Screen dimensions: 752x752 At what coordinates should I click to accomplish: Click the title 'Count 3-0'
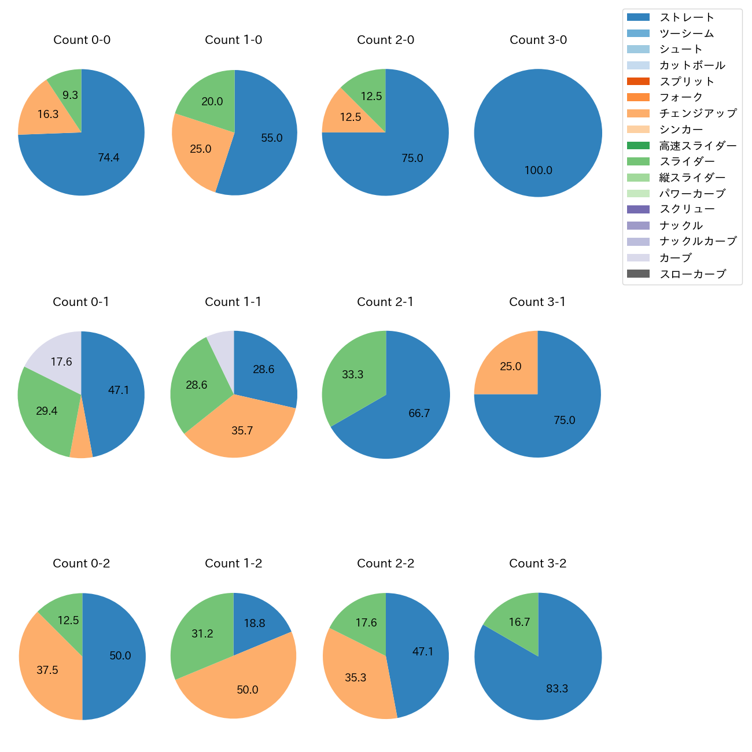pyautogui.click(x=538, y=40)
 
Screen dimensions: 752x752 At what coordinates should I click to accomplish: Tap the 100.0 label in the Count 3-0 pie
pyautogui.click(x=538, y=170)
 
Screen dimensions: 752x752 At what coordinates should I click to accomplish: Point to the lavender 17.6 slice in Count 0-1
pyautogui.click(x=58, y=359)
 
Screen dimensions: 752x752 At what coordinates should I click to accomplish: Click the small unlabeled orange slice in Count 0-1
pyautogui.click(x=81, y=445)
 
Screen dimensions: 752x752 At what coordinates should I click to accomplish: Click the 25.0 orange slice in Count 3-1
pyautogui.click(x=509, y=366)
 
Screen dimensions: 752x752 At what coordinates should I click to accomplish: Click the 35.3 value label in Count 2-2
pyautogui.click(x=355, y=677)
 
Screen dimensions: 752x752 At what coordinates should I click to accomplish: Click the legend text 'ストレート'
pyautogui.click(x=687, y=17)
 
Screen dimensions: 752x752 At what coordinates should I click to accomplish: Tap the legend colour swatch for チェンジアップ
pyautogui.click(x=638, y=113)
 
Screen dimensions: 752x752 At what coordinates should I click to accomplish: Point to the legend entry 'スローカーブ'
pyautogui.click(x=692, y=274)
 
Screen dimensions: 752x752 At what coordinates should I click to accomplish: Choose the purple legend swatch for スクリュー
pyautogui.click(x=638, y=209)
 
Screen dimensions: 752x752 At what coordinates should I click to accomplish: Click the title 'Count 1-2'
pyautogui.click(x=233, y=563)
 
